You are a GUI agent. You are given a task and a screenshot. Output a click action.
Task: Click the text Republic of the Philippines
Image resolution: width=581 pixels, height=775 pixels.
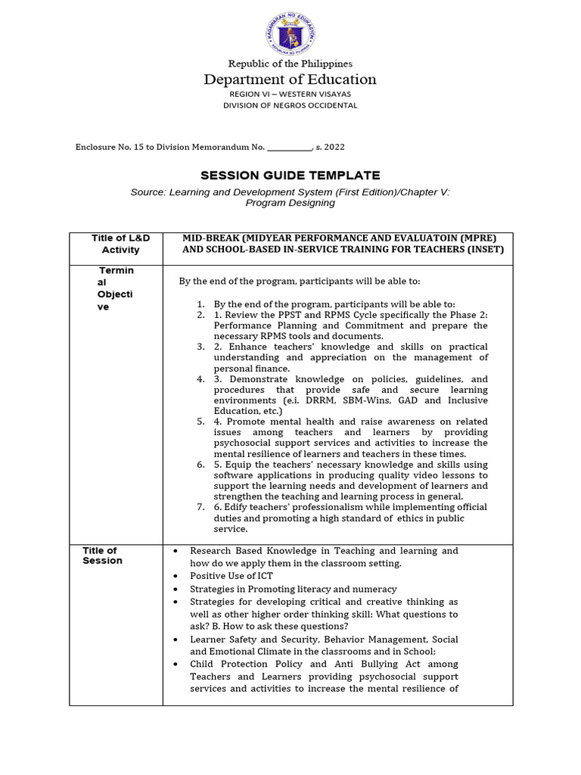[x=290, y=64]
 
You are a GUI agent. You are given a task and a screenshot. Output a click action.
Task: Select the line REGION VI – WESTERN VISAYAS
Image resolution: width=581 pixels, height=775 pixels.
[x=290, y=94]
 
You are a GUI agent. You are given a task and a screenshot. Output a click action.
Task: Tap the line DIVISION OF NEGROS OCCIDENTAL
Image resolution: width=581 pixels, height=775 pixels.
[x=290, y=105]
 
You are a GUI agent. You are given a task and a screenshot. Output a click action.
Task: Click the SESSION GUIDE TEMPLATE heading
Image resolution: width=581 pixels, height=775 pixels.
[x=290, y=176]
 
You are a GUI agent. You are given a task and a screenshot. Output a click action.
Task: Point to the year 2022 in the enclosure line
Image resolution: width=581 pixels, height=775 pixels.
[x=335, y=147]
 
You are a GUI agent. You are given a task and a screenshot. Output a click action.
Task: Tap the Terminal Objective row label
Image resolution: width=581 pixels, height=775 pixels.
[x=116, y=288]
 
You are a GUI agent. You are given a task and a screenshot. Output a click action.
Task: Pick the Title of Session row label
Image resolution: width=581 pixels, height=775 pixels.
[x=102, y=556]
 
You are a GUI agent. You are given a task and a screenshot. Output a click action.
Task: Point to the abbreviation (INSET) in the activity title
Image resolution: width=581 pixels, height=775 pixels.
[x=485, y=249]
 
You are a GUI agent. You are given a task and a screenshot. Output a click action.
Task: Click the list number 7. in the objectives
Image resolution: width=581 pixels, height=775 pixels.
[x=200, y=507]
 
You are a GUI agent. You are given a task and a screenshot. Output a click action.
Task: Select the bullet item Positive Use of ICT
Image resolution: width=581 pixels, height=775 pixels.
[x=231, y=576]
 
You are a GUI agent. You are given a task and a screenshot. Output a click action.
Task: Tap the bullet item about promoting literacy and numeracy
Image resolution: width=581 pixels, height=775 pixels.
[x=293, y=589]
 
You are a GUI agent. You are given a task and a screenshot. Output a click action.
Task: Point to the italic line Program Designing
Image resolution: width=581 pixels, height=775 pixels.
[x=290, y=203]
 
